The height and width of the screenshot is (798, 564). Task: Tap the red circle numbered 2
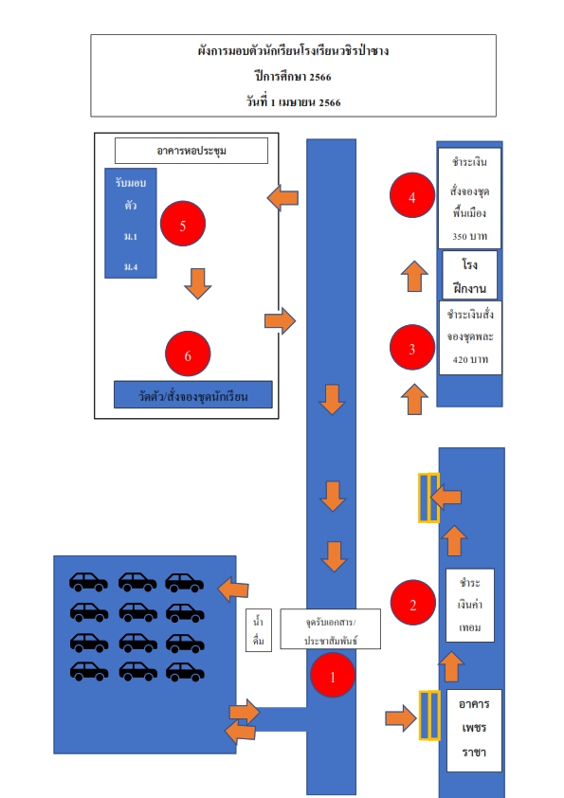(413, 603)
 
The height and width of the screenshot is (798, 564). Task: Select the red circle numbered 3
(412, 348)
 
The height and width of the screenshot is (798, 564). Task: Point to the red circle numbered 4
(412, 195)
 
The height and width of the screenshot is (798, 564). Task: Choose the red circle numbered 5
(183, 224)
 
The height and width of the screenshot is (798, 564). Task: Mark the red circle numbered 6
(188, 354)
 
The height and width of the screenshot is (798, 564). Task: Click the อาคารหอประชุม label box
(191, 151)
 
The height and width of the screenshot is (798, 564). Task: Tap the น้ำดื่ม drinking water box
(259, 630)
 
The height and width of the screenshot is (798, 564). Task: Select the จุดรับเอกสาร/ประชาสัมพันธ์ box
(331, 629)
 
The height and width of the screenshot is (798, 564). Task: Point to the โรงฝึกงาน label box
(470, 276)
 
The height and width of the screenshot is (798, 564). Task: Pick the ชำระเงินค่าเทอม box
(470, 605)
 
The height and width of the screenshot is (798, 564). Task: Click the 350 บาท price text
(470, 236)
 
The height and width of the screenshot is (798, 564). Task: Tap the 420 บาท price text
(470, 359)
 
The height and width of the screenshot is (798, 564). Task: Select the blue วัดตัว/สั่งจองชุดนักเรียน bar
(193, 394)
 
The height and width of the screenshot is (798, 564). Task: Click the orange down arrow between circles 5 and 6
(197, 283)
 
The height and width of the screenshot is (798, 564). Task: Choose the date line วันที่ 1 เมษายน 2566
(293, 101)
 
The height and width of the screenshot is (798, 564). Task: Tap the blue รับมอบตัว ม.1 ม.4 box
(130, 224)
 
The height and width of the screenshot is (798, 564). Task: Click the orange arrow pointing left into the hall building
(283, 197)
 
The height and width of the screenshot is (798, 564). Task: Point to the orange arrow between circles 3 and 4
(414, 277)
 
